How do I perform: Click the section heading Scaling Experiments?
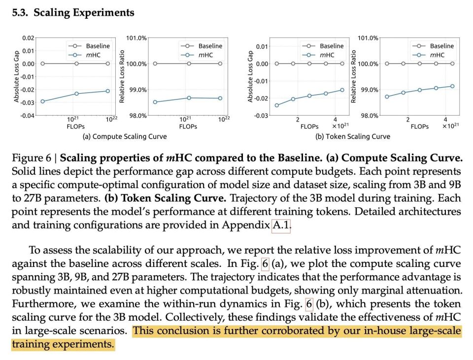tap(84, 13)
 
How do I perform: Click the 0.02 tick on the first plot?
tap(28, 38)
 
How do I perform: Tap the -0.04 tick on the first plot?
tap(27, 115)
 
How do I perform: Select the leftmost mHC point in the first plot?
tap(42, 101)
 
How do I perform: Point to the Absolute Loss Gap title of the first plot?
tap(16, 76)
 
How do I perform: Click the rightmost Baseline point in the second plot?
tap(220, 64)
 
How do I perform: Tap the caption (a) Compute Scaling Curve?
tap(125, 136)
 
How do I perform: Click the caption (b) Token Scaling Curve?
tap(353, 136)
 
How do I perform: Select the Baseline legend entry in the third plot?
tap(323, 46)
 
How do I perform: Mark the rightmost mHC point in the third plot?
tap(342, 90)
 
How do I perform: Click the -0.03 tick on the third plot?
tap(261, 116)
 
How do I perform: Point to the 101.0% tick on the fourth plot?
tap(368, 38)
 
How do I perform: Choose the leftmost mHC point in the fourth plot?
tap(387, 97)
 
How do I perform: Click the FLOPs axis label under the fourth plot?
tap(420, 127)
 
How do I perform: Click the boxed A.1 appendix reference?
tap(281, 225)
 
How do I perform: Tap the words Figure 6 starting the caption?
tap(32, 158)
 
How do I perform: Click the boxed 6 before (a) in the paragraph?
tap(265, 263)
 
